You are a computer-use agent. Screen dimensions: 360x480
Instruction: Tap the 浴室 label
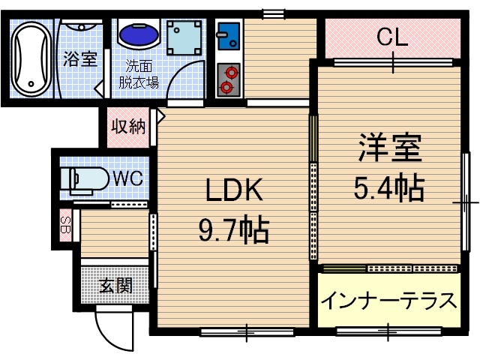tap(80, 59)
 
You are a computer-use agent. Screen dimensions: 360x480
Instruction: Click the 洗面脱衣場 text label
tap(138, 73)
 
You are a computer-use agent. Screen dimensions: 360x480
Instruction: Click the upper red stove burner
tap(228, 73)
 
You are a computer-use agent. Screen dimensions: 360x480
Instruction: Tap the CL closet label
tap(391, 37)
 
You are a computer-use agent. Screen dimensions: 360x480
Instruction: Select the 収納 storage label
tap(128, 126)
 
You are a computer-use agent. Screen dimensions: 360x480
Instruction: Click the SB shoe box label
tap(65, 226)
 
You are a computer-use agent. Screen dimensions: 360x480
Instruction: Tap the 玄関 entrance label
tap(116, 286)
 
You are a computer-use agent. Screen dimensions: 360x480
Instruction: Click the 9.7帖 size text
tap(233, 231)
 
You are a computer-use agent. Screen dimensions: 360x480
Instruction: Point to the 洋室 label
tap(388, 148)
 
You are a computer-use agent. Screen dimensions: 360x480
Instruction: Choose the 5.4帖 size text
tap(388, 187)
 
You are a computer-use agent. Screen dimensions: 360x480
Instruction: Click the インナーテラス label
tap(388, 300)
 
